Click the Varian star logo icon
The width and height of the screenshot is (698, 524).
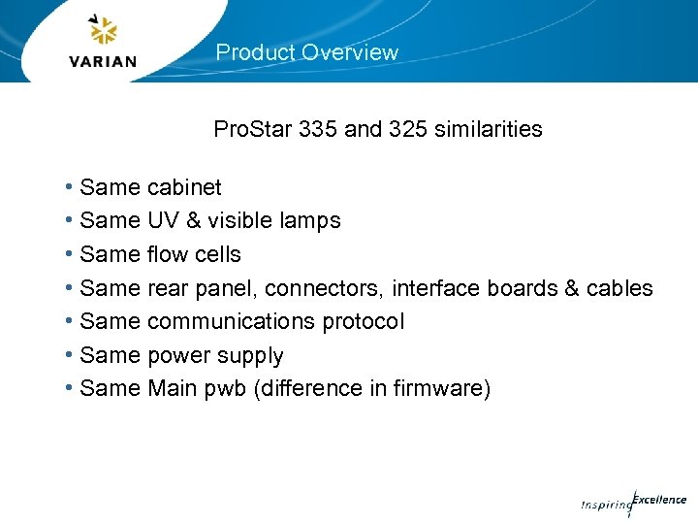102,31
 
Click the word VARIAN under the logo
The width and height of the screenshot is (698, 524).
103,61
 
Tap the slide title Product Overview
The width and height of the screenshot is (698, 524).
306,52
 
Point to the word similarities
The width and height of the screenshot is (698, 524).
490,129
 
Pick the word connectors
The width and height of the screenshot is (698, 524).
323,288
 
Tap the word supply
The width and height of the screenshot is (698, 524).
251,356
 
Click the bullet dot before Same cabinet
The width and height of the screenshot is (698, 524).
71,186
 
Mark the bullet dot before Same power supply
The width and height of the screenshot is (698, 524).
71,355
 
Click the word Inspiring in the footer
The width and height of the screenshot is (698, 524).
604,505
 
